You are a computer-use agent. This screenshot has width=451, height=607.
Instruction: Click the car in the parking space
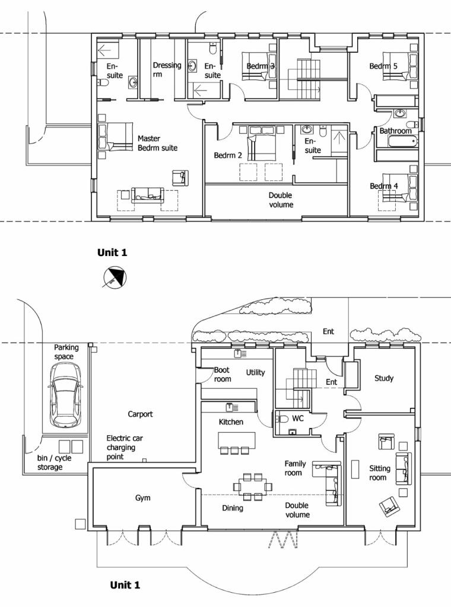pos(65,395)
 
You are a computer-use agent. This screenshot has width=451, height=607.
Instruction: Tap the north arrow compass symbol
pos(112,277)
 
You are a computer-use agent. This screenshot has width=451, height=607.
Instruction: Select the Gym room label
pos(143,498)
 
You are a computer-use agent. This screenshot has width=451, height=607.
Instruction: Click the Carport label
pos(141,414)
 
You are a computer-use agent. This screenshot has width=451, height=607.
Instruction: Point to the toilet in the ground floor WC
pos(282,419)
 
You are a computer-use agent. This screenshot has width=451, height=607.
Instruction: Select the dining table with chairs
pos(252,486)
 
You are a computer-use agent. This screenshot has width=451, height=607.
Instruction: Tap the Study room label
pos(384,378)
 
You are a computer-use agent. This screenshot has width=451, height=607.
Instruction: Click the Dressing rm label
pos(167,70)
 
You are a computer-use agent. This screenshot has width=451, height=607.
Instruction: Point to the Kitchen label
pos(232,422)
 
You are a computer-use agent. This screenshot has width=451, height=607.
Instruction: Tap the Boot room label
pos(222,374)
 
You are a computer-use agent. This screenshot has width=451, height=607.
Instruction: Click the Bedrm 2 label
pos(228,155)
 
